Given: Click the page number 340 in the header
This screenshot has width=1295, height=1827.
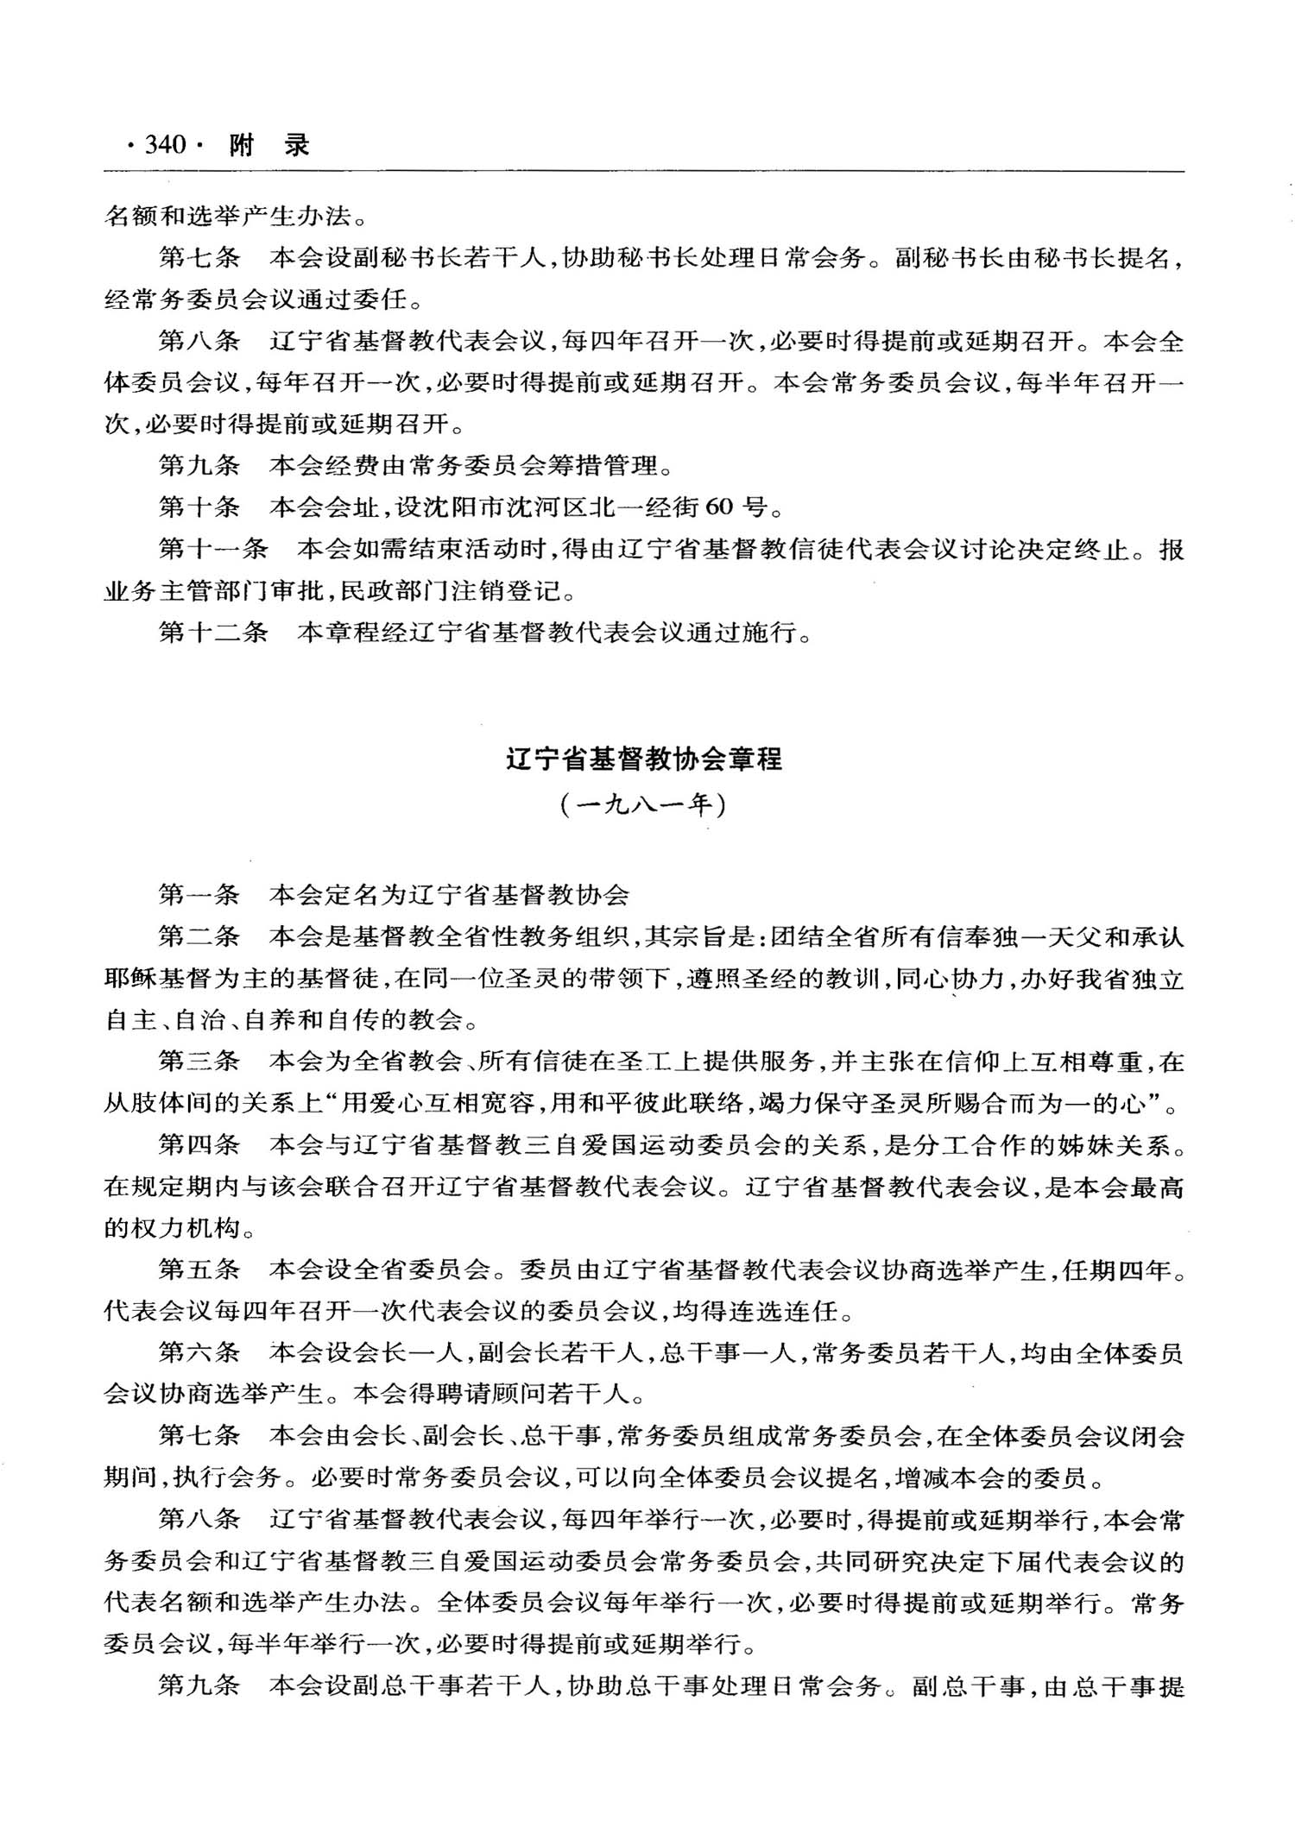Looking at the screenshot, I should tap(166, 144).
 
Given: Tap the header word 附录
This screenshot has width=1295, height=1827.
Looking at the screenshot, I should tap(268, 145).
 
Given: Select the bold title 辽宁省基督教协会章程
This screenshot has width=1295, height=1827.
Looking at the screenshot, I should tap(644, 759).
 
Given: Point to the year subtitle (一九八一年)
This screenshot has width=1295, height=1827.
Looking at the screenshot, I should tap(644, 805).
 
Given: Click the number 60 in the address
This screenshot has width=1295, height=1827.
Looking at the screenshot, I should tap(719, 507).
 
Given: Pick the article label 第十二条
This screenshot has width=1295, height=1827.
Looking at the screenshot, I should tap(213, 632).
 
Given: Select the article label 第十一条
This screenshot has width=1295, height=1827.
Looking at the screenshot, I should tap(213, 549).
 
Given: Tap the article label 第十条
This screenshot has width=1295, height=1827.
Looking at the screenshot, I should tap(199, 507).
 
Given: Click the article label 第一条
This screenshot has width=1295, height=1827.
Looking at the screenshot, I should tap(199, 894).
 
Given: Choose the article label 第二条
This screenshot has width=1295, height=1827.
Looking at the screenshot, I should tap(199, 936).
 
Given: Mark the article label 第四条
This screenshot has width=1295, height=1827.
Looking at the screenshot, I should tap(199, 1145).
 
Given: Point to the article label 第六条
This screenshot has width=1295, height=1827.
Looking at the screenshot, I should tap(199, 1352).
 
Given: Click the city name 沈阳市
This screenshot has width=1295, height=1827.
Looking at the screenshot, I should tap(463, 507).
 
